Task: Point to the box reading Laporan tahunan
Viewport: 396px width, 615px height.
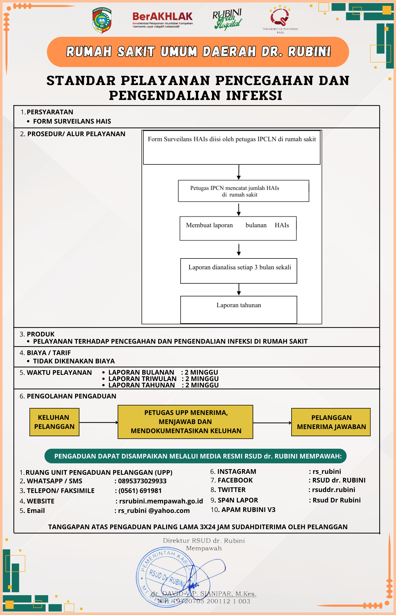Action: pos(239,309)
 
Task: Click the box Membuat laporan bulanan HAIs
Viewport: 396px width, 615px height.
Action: pos(238,228)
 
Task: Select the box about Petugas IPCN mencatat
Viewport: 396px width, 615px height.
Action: pos(243,191)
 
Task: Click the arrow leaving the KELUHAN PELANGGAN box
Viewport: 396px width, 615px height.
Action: pos(99,422)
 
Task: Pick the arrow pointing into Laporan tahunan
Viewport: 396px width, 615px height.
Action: pos(239,290)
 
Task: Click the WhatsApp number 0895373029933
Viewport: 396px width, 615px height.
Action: pos(142,481)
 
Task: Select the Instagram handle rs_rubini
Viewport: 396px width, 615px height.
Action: pos(327,471)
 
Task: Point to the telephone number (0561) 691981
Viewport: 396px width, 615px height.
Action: pos(140,491)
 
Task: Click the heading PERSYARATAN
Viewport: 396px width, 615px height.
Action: pos(50,112)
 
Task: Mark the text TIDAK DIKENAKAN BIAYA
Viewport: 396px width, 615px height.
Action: pos(74,361)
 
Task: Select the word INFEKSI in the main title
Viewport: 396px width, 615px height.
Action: pos(254,95)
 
